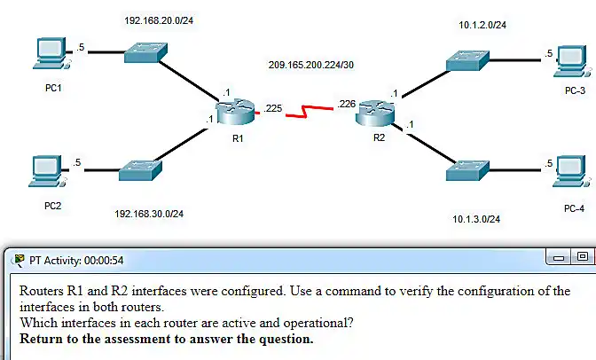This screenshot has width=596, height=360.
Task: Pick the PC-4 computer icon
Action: (572, 171)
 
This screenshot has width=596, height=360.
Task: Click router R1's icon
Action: (235, 112)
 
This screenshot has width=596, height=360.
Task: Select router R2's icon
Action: (375, 113)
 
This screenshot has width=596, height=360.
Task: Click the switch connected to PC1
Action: (145, 52)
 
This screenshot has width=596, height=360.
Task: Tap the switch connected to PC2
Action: (140, 170)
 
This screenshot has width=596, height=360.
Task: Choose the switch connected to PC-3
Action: (467, 60)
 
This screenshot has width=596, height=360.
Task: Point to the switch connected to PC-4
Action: (467, 170)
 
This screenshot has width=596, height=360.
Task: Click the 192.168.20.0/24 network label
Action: (159, 20)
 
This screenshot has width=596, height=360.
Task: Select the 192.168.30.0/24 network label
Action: (149, 214)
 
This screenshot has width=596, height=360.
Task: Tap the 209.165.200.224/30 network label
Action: (311, 65)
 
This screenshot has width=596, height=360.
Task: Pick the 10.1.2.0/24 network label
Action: (482, 25)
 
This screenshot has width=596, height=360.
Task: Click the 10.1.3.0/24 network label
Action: (476, 219)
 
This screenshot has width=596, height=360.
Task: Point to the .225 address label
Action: (273, 108)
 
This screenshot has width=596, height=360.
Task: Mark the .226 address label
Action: (346, 104)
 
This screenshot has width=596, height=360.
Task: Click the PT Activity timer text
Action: (76, 261)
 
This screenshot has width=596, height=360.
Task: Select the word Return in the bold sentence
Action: (42, 339)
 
